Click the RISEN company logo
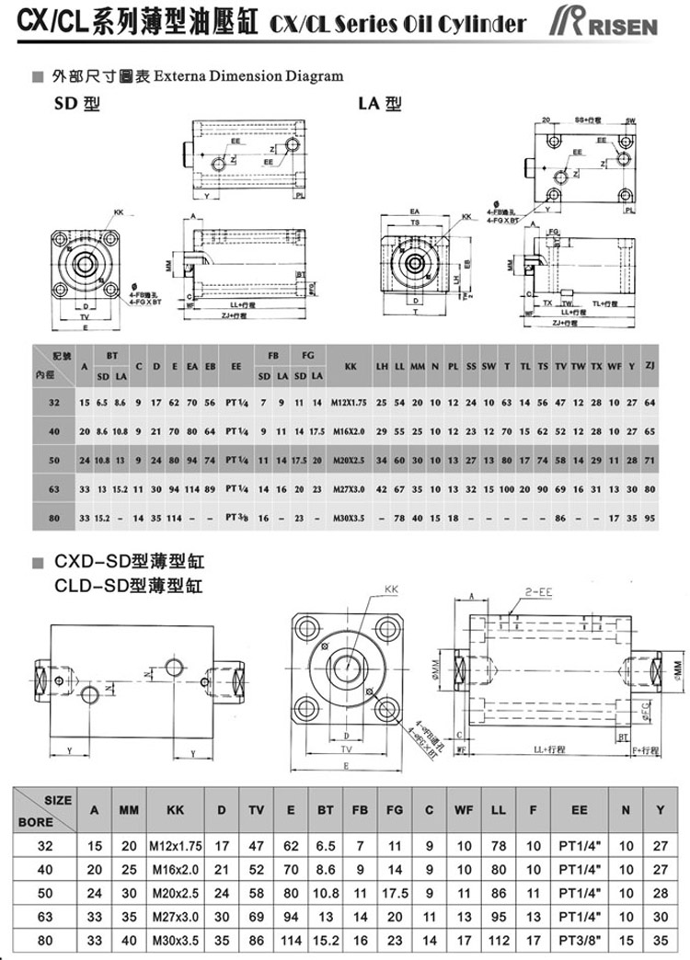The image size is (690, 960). coord(607,23)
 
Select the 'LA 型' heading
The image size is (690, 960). coord(380,104)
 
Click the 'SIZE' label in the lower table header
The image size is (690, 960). coord(57,801)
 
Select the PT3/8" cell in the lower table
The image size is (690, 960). coord(579,940)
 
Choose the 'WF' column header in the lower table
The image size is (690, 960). coord(465,811)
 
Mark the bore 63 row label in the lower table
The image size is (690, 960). coord(45,916)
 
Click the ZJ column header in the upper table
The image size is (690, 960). coord(650,366)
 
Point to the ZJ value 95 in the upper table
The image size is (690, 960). coord(650,518)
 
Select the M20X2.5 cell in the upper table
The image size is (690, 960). coord(351,460)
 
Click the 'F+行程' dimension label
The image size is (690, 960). coord(650,749)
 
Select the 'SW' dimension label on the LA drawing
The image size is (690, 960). coord(631,120)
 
